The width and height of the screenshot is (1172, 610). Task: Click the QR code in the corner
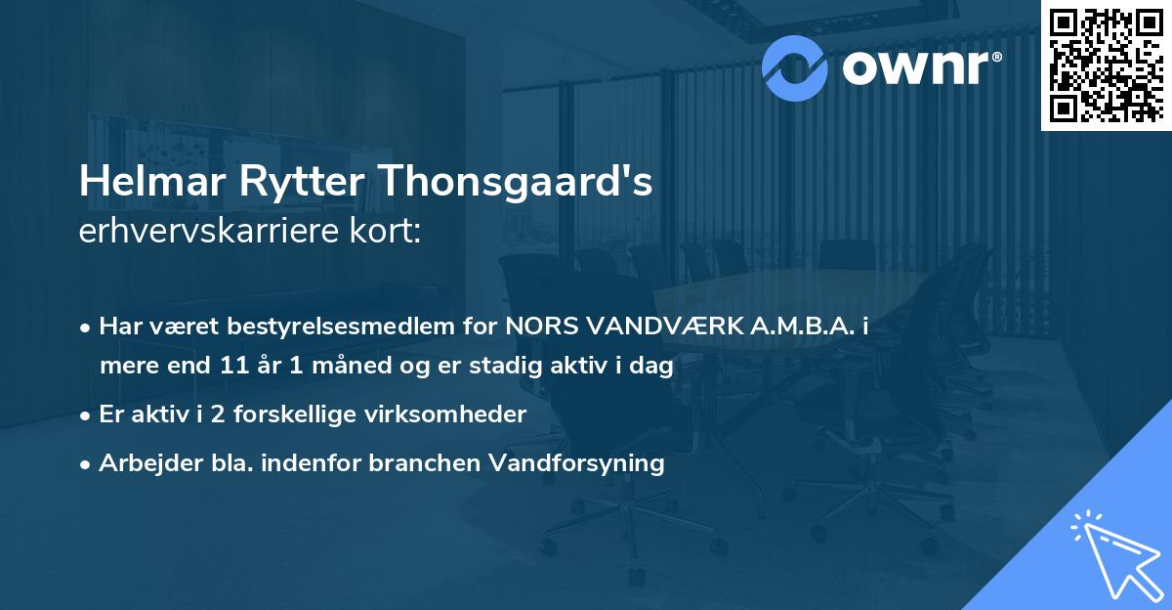[1106, 65]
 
